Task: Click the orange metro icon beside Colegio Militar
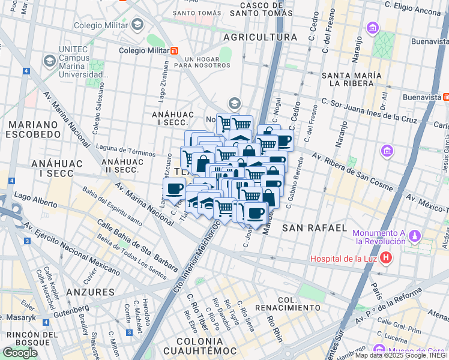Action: (x=174, y=51)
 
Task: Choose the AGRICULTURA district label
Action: (x=260, y=37)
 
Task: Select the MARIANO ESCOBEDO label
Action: (x=33, y=129)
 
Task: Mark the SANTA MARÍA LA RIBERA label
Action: (x=352, y=79)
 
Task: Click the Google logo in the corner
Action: (x=20, y=352)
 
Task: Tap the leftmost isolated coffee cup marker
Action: (x=175, y=188)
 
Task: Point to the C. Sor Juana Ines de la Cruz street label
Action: (x=369, y=111)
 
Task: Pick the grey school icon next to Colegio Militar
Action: (x=137, y=25)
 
